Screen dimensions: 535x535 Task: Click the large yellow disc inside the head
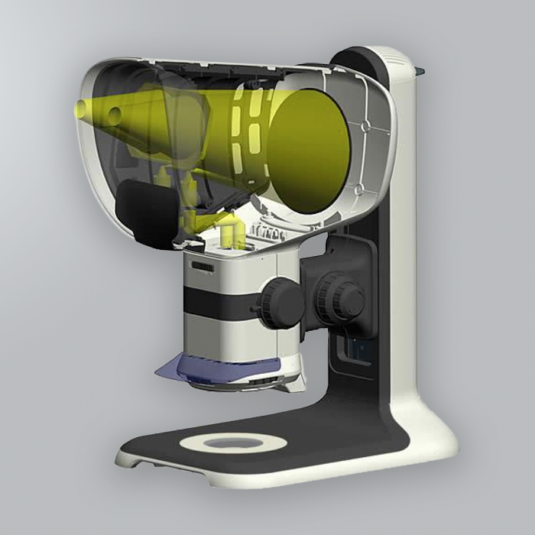click(x=310, y=150)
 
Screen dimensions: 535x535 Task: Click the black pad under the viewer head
click(x=146, y=214)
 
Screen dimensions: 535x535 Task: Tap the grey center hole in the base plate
click(x=233, y=443)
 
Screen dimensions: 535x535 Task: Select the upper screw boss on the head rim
click(x=365, y=123)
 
